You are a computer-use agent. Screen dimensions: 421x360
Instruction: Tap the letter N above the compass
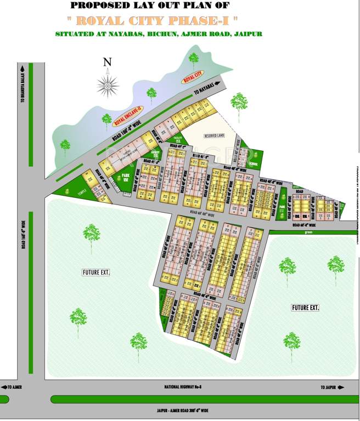pos(108,61)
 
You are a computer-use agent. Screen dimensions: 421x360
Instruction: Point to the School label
pos(254,163)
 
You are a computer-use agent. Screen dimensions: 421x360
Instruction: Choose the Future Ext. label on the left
pos(96,272)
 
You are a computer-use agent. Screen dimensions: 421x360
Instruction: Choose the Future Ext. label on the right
pos(305,308)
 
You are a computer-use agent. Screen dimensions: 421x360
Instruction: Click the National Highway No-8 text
pos(183,387)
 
